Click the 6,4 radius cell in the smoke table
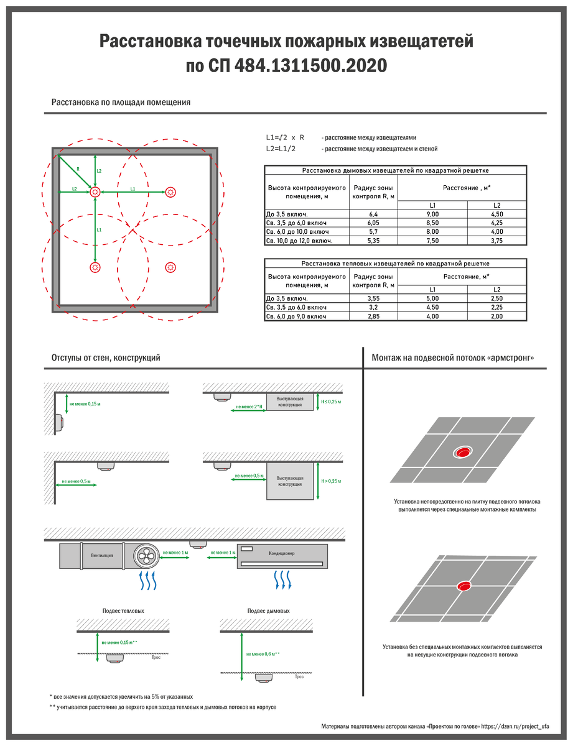pyautogui.click(x=373, y=214)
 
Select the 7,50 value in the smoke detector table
pyautogui.click(x=432, y=241)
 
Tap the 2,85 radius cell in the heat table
pyautogui.click(x=373, y=316)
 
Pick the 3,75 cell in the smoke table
pyautogui.click(x=496, y=241)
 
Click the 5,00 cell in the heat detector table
pyautogui.click(x=432, y=298)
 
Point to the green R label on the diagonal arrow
pyautogui.click(x=78, y=169)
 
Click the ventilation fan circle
pyautogui.click(x=146, y=556)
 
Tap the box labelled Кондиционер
pyautogui.click(x=282, y=556)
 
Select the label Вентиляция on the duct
pyautogui.click(x=101, y=556)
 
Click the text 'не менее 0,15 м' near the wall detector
pyautogui.click(x=85, y=404)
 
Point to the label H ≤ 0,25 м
pyautogui.click(x=331, y=402)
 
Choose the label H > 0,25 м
pyautogui.click(x=331, y=481)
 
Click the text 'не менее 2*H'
pyautogui.click(x=249, y=407)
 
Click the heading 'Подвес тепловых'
pyautogui.click(x=123, y=611)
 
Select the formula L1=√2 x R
pyautogui.click(x=285, y=137)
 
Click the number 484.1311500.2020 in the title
pyautogui.click(x=310, y=65)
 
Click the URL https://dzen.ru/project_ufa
pyautogui.click(x=515, y=727)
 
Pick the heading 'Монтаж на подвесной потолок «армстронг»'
pyautogui.click(x=453, y=357)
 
